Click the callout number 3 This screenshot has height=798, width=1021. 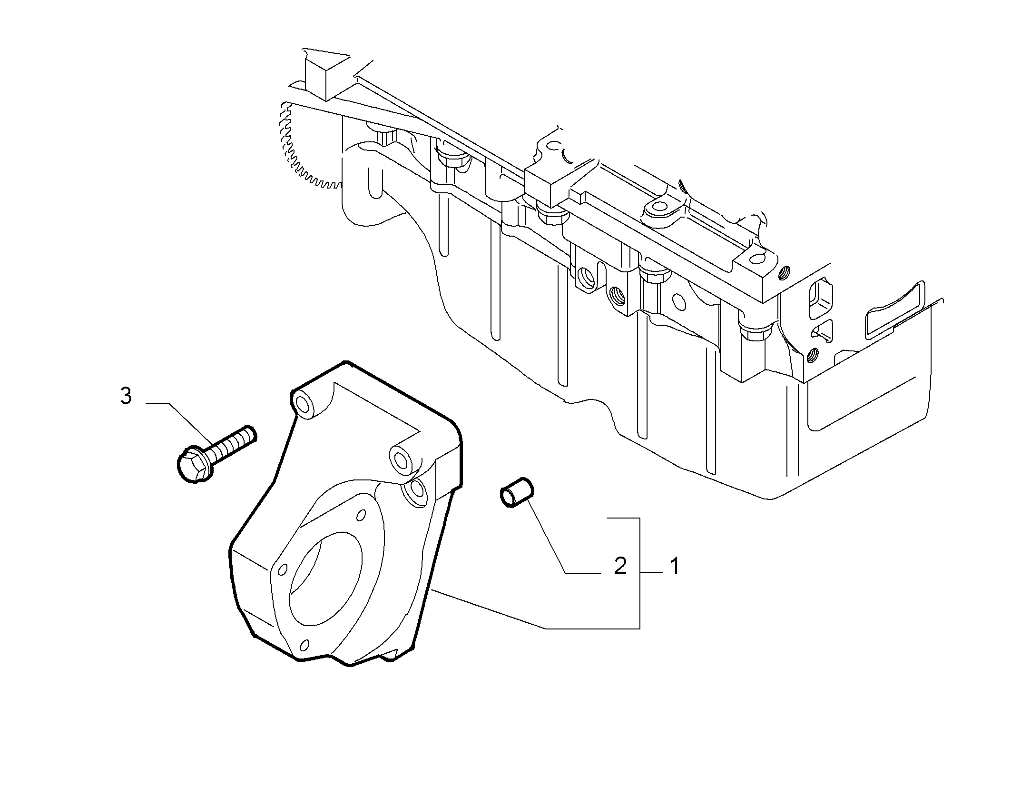pyautogui.click(x=126, y=396)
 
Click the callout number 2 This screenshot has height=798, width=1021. pyautogui.click(x=620, y=566)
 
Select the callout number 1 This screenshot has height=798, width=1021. pyautogui.click(x=674, y=566)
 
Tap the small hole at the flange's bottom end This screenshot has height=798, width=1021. pyautogui.click(x=305, y=645)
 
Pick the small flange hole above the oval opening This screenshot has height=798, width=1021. pyautogui.click(x=361, y=515)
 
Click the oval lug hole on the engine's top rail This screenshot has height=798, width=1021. pyautogui.click(x=660, y=207)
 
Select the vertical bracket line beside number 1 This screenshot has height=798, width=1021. pyautogui.click(x=639, y=573)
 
